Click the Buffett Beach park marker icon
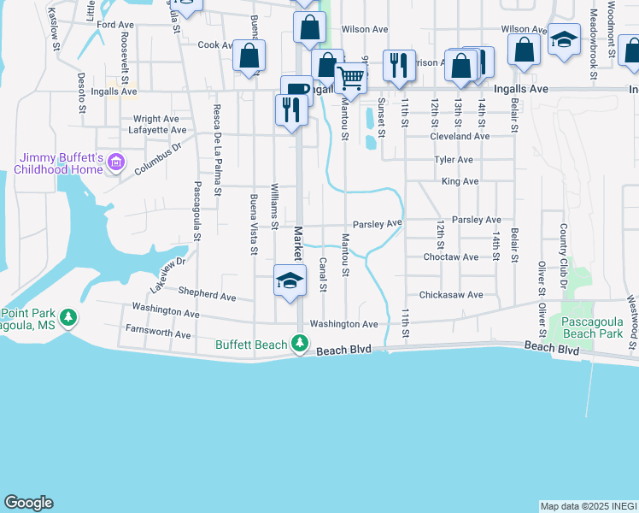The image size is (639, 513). click(299, 344)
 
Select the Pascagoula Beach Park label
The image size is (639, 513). click(592, 327)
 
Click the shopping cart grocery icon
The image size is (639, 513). click(350, 79)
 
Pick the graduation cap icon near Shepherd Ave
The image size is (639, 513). click(290, 280)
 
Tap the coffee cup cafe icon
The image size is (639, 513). click(297, 89)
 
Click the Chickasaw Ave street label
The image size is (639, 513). click(453, 295)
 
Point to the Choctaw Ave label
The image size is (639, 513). click(451, 256)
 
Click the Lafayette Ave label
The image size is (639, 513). click(157, 130)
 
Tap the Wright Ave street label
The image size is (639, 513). click(155, 119)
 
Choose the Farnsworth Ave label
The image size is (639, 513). click(158, 333)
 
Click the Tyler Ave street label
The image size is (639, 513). click(454, 160)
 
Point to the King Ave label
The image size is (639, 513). click(460, 181)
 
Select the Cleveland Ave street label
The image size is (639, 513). click(460, 136)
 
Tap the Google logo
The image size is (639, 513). click(29, 502)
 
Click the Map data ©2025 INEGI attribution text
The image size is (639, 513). click(588, 506)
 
